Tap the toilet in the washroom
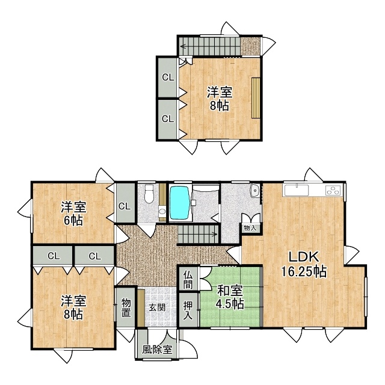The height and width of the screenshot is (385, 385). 149,194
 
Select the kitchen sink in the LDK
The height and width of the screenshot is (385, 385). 297,190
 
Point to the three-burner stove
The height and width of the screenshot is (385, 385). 334,191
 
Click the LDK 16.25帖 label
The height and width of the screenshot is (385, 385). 303,264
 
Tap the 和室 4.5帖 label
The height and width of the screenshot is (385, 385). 230,298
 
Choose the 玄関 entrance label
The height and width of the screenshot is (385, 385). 157,307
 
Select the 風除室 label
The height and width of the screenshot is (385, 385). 157,350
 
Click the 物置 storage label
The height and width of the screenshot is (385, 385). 126,307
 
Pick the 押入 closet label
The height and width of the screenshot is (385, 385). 188,310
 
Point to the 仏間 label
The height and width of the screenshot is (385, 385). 188,280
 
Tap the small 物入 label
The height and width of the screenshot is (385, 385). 250,229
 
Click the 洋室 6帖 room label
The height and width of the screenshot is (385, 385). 73,214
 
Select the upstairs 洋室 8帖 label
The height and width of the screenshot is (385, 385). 219,99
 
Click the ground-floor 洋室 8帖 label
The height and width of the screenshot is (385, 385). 73,307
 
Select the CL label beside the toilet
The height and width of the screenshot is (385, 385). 125,206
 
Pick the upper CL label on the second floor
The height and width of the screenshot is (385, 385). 168,78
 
